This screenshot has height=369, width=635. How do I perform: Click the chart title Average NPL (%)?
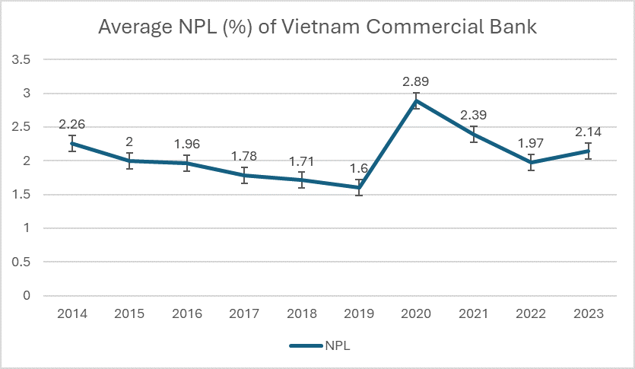pos(318,28)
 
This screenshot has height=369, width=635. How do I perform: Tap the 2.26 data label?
pos(72,123)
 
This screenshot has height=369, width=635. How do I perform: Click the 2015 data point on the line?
pos(130,161)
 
